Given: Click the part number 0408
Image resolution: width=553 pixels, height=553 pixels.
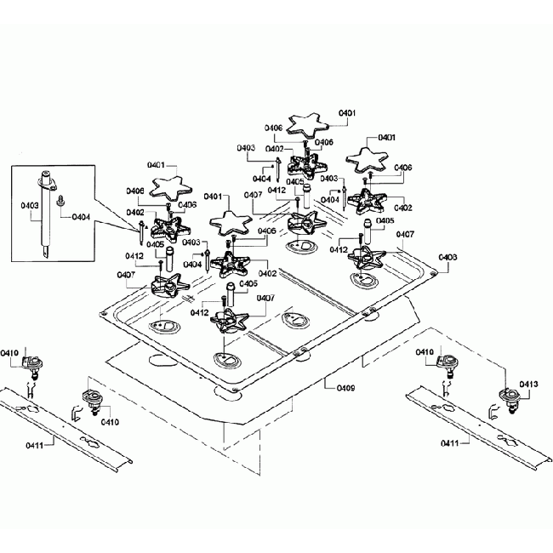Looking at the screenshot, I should (448, 257).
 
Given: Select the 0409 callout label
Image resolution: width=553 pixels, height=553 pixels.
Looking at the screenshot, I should (345, 387).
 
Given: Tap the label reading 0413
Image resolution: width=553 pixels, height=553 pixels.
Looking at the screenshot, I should (527, 385).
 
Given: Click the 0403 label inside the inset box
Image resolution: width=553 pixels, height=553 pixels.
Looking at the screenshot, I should (28, 204).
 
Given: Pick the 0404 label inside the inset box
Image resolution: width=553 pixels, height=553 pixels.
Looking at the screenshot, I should (81, 217).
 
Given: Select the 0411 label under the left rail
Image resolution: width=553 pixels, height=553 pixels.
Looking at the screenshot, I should (36, 443).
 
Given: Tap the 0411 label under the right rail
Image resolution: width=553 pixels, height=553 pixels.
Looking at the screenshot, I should (452, 443).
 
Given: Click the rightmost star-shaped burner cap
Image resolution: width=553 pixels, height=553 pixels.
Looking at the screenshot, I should (368, 160).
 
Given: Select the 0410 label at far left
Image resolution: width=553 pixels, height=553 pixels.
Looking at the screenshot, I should (10, 352).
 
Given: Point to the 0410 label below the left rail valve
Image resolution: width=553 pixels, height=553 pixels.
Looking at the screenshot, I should (109, 421).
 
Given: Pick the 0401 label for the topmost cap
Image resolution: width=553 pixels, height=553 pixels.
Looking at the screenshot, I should (347, 112).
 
